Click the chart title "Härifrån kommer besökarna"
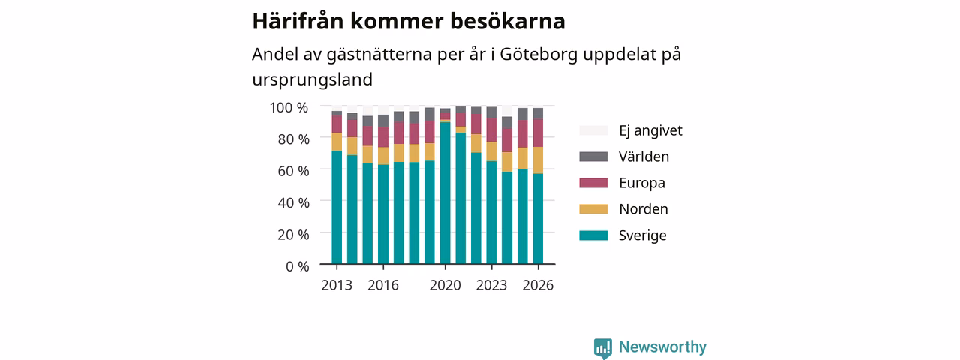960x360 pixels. point(409,21)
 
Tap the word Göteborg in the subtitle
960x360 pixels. point(538,55)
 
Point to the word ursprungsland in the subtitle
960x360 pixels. point(313,79)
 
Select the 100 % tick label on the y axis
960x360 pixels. point(289,107)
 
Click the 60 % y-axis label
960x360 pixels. point(293,171)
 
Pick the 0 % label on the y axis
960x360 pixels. point(298,266)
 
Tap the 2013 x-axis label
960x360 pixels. point(337,285)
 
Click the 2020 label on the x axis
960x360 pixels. point(445,285)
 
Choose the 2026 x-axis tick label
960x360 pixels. point(538,285)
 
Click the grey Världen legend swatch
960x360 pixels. point(593,157)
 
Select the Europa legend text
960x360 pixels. point(642,183)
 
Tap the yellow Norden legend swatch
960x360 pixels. point(593,209)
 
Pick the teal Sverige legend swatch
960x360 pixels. point(593,235)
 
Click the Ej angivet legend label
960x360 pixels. point(650,130)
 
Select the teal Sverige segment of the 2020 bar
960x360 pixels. point(445,193)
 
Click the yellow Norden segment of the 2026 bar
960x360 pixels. point(538,160)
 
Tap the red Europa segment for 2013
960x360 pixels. point(337,124)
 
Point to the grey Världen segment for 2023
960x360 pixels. point(491,112)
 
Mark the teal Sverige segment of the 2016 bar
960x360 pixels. point(383,214)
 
